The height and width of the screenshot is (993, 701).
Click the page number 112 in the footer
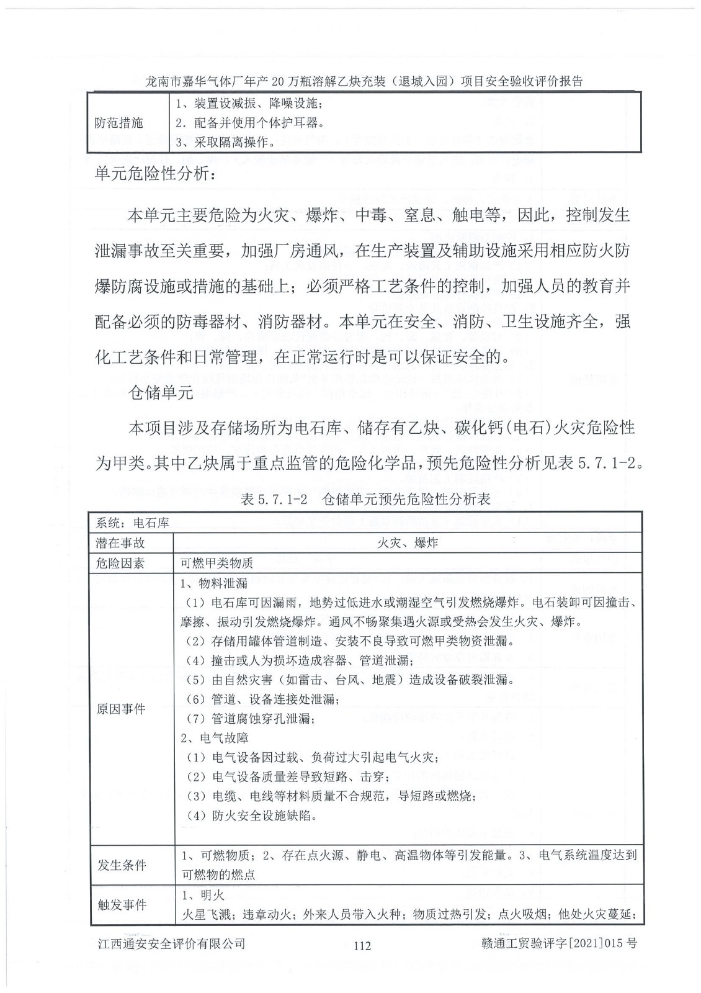tap(362, 945)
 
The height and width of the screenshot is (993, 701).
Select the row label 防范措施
tap(118, 123)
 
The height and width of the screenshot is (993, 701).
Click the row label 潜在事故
tap(120, 543)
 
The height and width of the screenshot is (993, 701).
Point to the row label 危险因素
tap(120, 563)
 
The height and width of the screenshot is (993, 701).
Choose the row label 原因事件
tap(120, 709)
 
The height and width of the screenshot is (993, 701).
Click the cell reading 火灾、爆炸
tap(407, 543)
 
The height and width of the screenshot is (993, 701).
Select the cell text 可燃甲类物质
tap(217, 563)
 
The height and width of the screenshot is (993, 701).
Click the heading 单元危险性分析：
tap(156, 175)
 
